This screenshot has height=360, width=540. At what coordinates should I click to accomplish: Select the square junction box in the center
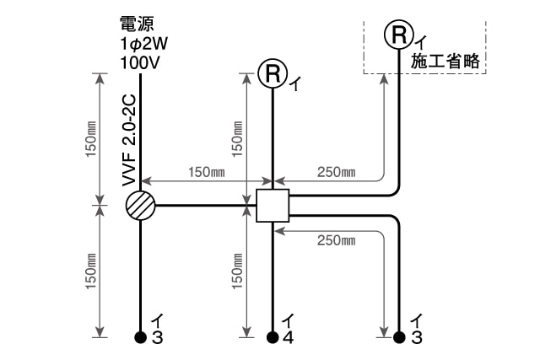(x=273, y=205)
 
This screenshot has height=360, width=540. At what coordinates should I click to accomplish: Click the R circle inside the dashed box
(x=398, y=34)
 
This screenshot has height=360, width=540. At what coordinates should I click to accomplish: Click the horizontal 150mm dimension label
(x=206, y=172)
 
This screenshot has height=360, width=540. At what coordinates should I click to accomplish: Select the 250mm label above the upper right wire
(x=336, y=172)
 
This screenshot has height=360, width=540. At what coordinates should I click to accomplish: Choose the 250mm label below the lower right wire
(x=336, y=240)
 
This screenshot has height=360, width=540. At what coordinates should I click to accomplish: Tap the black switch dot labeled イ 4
(x=273, y=337)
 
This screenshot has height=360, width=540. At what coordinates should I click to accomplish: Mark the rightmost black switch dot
(x=398, y=337)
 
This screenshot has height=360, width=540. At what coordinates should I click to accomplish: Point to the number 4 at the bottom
(x=289, y=339)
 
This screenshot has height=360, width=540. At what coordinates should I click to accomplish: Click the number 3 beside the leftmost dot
(x=157, y=339)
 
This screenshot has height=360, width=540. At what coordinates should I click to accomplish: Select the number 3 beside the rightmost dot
(x=415, y=339)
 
